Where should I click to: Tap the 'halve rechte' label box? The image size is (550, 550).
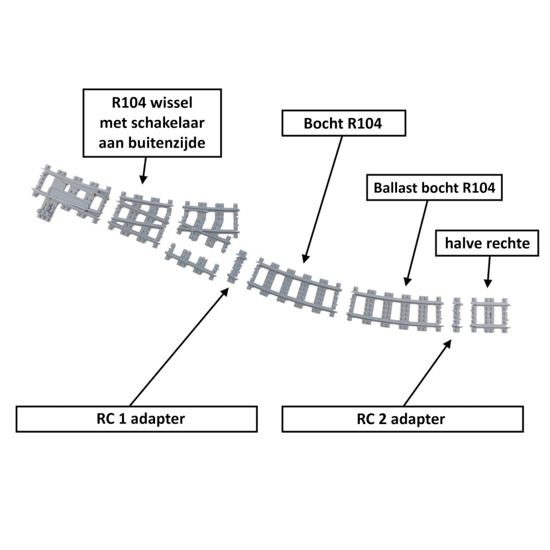[488, 243]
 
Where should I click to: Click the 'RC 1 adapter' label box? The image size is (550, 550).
[137, 419]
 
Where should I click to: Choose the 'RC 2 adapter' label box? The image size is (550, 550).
[402, 419]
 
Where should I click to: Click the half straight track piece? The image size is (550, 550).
[490, 316]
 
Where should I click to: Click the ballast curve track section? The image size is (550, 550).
[396, 310]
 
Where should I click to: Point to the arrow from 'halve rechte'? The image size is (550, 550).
[488, 272]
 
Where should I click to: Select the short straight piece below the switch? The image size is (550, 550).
[193, 262]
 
